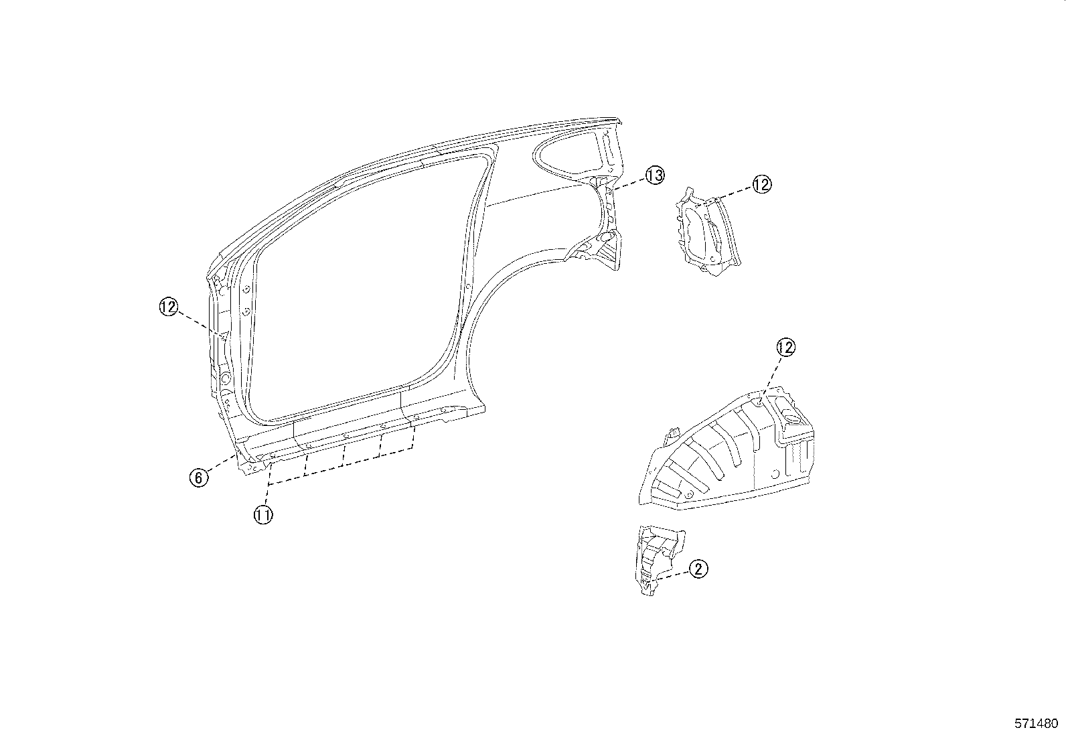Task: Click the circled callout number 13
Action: pyautogui.click(x=654, y=175)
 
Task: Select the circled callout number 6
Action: pyautogui.click(x=198, y=477)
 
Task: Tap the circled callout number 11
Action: pyautogui.click(x=263, y=515)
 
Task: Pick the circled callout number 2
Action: pyautogui.click(x=698, y=569)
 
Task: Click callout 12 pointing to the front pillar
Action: pyautogui.click(x=169, y=307)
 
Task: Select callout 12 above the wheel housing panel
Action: pyautogui.click(x=785, y=347)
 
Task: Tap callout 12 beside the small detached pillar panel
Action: pyautogui.click(x=762, y=183)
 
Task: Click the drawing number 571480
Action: pyautogui.click(x=1036, y=723)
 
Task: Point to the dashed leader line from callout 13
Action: pyautogui.click(x=629, y=183)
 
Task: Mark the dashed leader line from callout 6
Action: pyautogui.click(x=221, y=464)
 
